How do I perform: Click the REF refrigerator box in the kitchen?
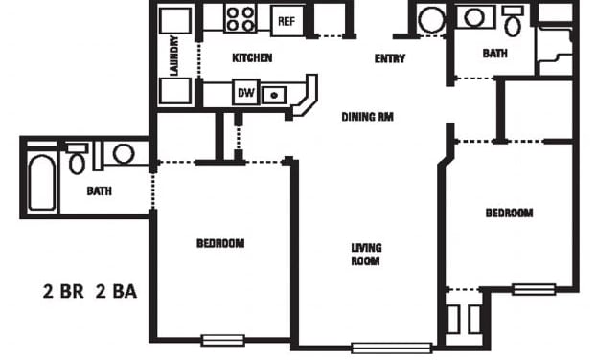[x=286, y=20]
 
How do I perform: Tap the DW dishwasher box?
[x=245, y=93]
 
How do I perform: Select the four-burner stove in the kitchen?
[x=240, y=18]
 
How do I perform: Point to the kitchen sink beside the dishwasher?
[x=275, y=94]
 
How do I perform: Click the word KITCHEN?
[x=252, y=58]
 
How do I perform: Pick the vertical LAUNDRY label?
[x=174, y=56]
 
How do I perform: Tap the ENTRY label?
[x=389, y=59]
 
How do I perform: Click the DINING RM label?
[x=368, y=117]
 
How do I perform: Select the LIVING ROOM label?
[x=365, y=254]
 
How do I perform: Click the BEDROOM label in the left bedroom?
[x=220, y=243]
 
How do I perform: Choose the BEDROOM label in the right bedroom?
[x=509, y=213]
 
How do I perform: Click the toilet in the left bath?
[x=77, y=160]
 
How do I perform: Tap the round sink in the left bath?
[x=123, y=153]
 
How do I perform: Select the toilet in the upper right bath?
[x=514, y=21]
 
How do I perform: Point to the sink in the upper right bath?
[x=472, y=17]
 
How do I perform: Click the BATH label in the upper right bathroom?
[x=494, y=54]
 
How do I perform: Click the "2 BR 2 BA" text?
[x=89, y=292]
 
